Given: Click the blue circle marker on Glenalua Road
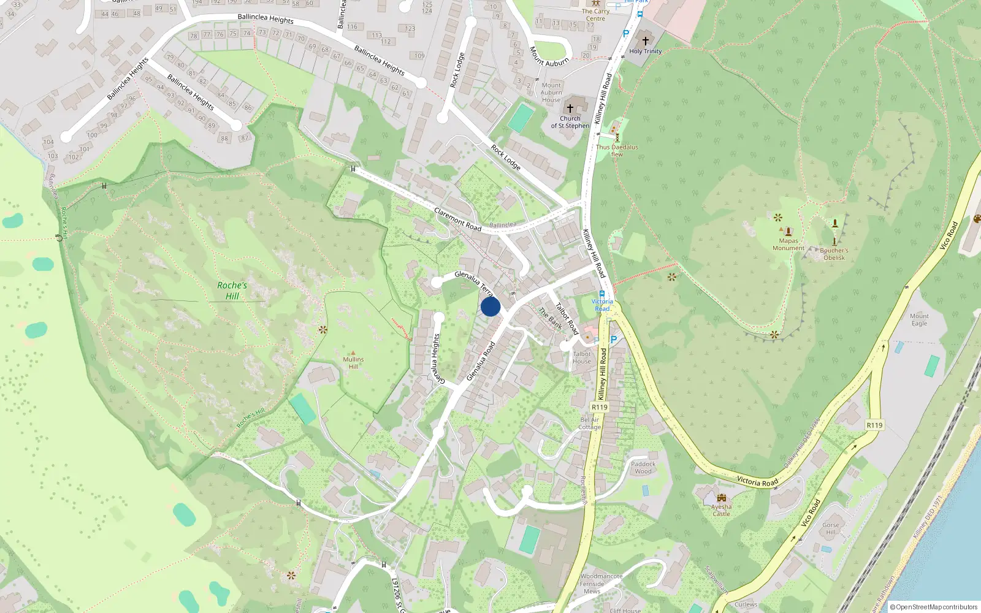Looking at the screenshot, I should pyautogui.click(x=490, y=306).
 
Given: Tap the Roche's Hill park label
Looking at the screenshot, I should pyautogui.click(x=232, y=291).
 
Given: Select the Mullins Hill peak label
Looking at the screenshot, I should pyautogui.click(x=353, y=363).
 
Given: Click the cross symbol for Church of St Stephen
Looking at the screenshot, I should pyautogui.click(x=570, y=109).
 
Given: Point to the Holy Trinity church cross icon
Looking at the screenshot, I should pyautogui.click(x=645, y=41).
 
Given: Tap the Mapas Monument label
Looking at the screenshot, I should pyautogui.click(x=788, y=245).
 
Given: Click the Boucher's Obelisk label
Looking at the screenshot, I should pyautogui.click(x=834, y=254).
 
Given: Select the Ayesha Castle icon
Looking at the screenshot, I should pyautogui.click(x=722, y=498).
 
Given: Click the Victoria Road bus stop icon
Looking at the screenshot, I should pyautogui.click(x=602, y=294).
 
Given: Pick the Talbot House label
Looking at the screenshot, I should pyautogui.click(x=582, y=357).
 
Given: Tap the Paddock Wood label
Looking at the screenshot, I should pyautogui.click(x=643, y=468).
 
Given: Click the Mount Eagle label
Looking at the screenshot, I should pyautogui.click(x=919, y=319).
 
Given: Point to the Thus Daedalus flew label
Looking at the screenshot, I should pyautogui.click(x=617, y=151).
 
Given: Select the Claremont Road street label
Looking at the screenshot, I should pyautogui.click(x=457, y=219).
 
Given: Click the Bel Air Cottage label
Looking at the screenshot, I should pyautogui.click(x=590, y=424).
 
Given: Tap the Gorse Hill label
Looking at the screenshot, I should pyautogui.click(x=831, y=528).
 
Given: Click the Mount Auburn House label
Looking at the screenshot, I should pyautogui.click(x=551, y=93).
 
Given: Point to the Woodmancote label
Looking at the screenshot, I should pyautogui.click(x=601, y=576).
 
